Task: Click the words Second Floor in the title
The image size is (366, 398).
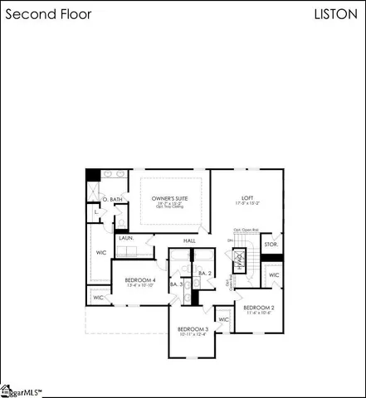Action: coord(49,14)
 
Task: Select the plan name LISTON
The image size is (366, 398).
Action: coord(336,14)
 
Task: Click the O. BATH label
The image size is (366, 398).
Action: coord(110,200)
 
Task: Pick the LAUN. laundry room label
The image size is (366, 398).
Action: coord(126,238)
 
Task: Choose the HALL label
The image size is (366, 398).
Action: coord(189,240)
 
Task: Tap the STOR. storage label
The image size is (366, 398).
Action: coord(271,245)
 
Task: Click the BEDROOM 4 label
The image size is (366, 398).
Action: coord(140,280)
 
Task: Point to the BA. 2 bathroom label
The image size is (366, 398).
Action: coord(205,273)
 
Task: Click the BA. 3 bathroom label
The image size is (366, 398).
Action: coord(176,284)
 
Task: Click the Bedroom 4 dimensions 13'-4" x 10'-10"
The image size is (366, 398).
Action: coord(140,287)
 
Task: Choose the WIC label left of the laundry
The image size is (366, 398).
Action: coord(101,252)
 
